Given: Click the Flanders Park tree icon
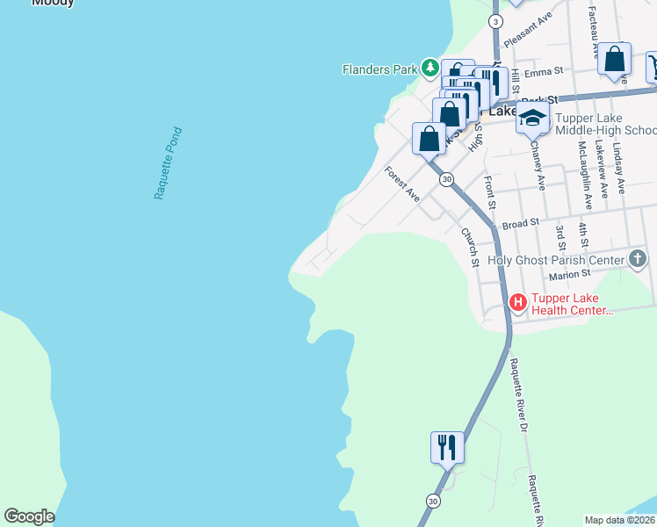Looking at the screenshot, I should (x=430, y=68).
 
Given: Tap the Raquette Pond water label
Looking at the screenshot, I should (x=167, y=163).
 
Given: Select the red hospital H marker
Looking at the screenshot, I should (x=518, y=303).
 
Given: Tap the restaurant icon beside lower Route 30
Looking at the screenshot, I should (x=447, y=447).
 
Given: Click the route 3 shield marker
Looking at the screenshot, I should (x=496, y=21).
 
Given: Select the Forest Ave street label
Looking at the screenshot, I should (x=403, y=184).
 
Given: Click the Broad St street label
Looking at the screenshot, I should (x=520, y=224).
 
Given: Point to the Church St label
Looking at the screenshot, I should (x=469, y=247).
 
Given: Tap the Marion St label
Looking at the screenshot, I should (x=568, y=276).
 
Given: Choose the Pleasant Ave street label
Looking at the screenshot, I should (x=527, y=29).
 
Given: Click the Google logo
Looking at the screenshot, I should (x=29, y=516).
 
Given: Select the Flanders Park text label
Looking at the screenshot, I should (x=379, y=68).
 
